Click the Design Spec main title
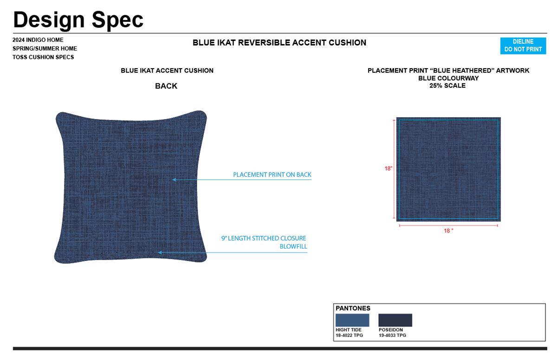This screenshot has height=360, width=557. coord(78,19)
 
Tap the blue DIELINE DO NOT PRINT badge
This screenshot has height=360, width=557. coord(523,45)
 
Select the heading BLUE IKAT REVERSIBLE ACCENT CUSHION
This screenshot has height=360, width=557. coord(279,43)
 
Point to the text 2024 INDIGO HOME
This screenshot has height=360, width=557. coord(38,40)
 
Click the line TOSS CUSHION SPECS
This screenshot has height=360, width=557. coord(43,58)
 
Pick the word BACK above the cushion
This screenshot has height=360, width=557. coord(166,86)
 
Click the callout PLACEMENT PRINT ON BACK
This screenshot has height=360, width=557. coord(272,175)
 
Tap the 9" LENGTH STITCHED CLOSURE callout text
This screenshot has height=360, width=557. coord(264,238)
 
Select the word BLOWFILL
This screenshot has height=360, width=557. coord(293,247)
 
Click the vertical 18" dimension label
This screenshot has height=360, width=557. coord(389,169)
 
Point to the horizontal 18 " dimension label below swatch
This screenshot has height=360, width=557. coord(448,231)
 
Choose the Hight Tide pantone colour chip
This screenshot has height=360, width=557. coord(352,320)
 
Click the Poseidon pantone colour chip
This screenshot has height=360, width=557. coord(395,320)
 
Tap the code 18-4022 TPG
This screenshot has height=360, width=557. coord(349,335)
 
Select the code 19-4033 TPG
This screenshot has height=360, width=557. coord(392,335)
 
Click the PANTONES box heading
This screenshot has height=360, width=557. coord(353,309)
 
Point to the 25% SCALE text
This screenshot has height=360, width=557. coord(447,86)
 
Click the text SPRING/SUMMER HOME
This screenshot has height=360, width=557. coord(45,49)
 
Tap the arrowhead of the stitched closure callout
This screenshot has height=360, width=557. coord(160,252)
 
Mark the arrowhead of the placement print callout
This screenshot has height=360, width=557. coord(174,180)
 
